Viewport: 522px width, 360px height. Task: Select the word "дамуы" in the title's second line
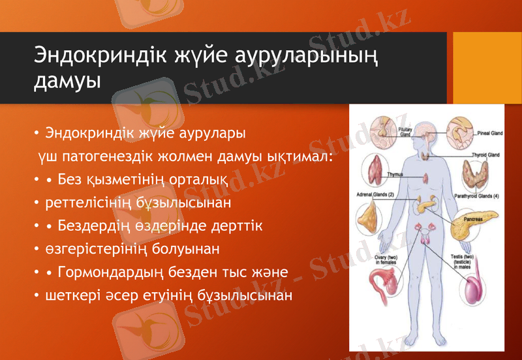click(x=67, y=82)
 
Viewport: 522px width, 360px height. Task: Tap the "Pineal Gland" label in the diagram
click(x=488, y=132)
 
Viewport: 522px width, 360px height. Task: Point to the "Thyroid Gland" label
click(x=485, y=155)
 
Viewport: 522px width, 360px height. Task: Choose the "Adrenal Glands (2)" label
click(x=375, y=194)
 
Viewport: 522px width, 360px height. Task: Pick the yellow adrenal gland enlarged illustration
click(x=369, y=215)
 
